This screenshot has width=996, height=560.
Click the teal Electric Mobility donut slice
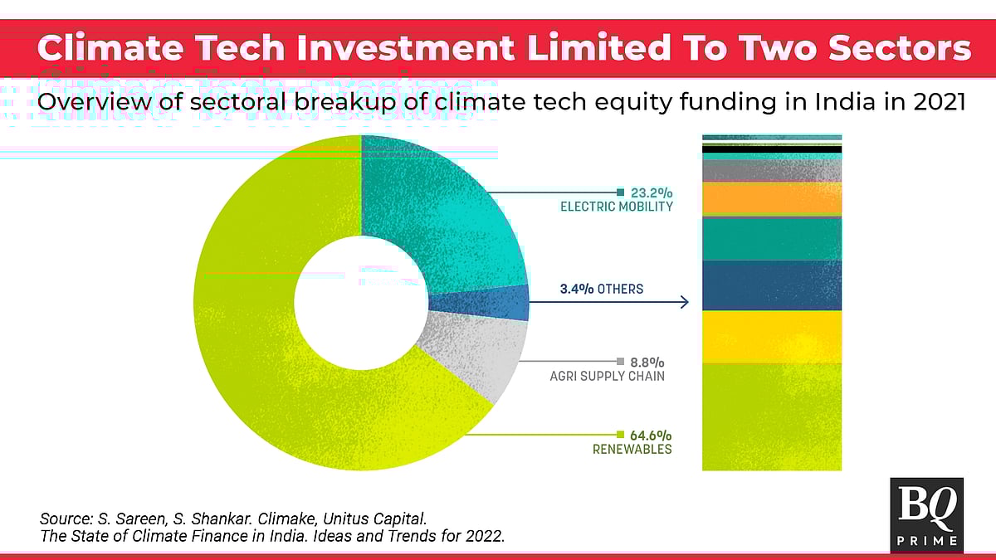point(448,207)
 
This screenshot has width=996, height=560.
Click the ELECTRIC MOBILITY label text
point(616,207)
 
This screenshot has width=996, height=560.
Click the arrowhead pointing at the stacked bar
point(685,302)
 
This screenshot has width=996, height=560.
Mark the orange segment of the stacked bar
point(772,199)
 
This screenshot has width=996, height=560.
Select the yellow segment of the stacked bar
point(772,337)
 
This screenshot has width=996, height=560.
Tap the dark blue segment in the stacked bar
point(772,285)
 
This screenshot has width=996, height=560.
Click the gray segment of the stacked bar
point(772,171)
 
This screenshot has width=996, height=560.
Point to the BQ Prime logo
point(926,514)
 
